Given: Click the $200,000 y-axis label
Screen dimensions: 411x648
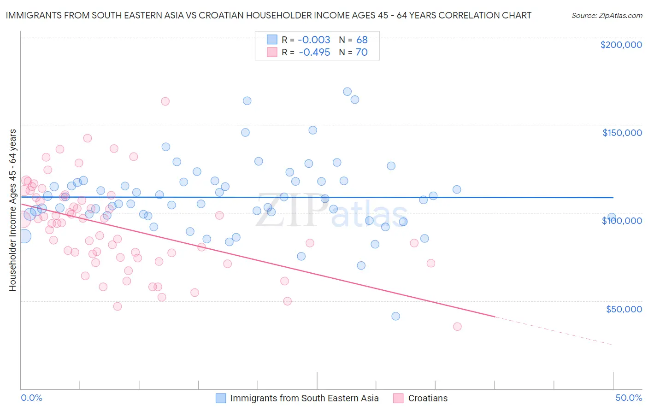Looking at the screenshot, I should click(621, 45).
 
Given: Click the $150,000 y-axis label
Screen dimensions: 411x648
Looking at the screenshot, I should click(622, 133).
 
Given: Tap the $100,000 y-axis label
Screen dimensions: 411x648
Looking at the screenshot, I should click(622, 221).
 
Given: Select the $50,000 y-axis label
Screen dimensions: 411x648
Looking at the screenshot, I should click(624, 309).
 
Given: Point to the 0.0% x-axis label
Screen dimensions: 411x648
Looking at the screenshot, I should click(31, 398).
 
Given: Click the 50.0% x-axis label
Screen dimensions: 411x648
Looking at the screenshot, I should click(628, 398).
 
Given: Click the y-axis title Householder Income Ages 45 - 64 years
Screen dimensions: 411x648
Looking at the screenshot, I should click(12, 210).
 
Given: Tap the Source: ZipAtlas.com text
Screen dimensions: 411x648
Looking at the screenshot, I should click(607, 15).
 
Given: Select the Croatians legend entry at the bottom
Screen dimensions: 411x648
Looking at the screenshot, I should click(427, 398).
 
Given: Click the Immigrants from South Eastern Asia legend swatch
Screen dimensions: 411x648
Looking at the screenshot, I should click(221, 398).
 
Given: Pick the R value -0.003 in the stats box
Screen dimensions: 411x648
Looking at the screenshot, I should click(314, 40).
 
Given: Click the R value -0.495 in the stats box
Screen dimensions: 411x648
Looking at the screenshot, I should click(314, 52).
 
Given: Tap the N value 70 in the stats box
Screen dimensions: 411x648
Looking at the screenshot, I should click(361, 52).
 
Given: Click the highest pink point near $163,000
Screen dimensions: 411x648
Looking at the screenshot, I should click(165, 101).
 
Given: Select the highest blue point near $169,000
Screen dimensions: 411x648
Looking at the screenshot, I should click(347, 92).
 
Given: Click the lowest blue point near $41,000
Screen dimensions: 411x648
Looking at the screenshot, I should click(395, 316).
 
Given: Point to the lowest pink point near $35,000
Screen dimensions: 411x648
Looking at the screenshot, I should click(457, 326).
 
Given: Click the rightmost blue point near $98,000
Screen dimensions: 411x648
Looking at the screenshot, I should click(612, 217).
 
